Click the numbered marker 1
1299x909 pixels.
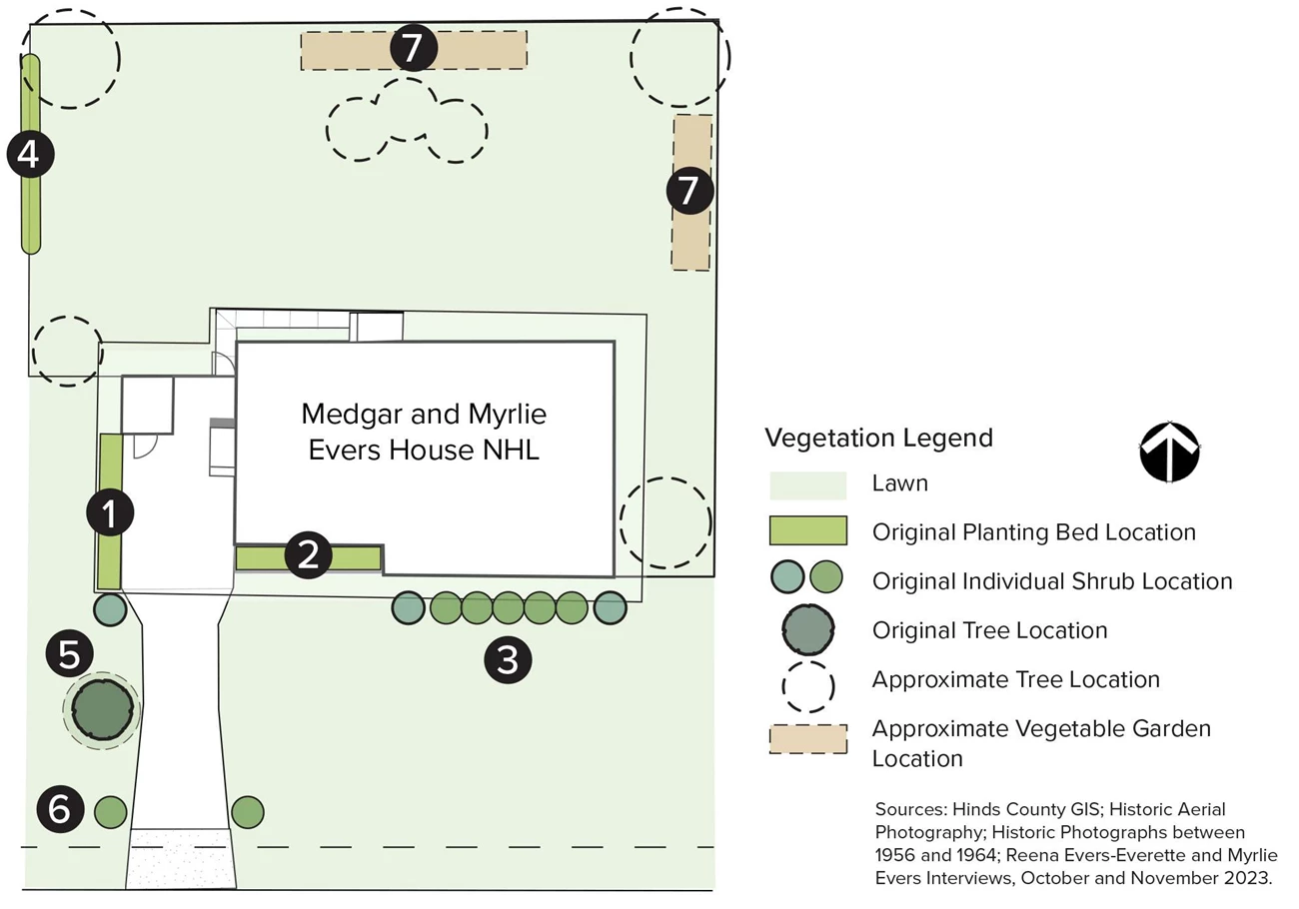coord(110,513)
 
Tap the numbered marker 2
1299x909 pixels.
coord(308,555)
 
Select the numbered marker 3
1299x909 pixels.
coord(508,660)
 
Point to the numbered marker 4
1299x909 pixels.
coord(30,155)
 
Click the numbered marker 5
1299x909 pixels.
coord(69,655)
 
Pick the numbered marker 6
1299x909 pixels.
coord(60,809)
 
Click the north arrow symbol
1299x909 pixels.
coord(1169,453)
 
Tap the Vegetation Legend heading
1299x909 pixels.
coord(878,438)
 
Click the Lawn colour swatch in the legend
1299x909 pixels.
coord(807,484)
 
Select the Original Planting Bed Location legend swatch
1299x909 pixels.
coord(807,530)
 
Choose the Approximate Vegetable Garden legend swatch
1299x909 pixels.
coord(807,739)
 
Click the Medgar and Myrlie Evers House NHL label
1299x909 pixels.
coord(424,432)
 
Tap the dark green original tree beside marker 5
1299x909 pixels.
coord(102,708)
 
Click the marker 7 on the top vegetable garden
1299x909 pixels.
coord(414,47)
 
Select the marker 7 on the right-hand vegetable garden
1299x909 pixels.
coord(690,191)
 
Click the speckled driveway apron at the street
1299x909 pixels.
coord(181,858)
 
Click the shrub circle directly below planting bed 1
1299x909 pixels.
coord(110,608)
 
